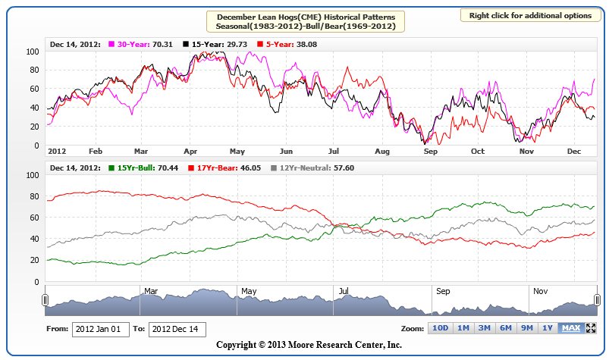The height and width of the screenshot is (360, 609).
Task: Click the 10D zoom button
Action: click(440, 328)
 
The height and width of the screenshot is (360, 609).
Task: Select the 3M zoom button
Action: click(483, 328)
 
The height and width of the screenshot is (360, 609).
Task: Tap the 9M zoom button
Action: click(526, 328)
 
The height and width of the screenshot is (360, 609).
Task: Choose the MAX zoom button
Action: click(570, 328)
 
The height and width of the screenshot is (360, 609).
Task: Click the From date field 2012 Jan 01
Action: click(100, 329)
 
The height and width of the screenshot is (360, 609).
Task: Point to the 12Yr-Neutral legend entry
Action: click(290, 167)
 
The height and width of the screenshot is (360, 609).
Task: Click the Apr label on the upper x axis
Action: click(190, 151)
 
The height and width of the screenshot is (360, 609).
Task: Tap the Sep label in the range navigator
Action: click(443, 290)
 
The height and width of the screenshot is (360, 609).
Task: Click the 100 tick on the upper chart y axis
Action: click(32, 52)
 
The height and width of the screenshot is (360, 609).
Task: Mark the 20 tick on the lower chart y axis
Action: click(33, 261)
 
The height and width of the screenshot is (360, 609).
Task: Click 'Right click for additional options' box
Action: click(529, 16)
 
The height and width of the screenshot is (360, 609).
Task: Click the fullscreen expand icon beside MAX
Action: click(592, 328)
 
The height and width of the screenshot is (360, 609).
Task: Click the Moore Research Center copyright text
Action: click(309, 345)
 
